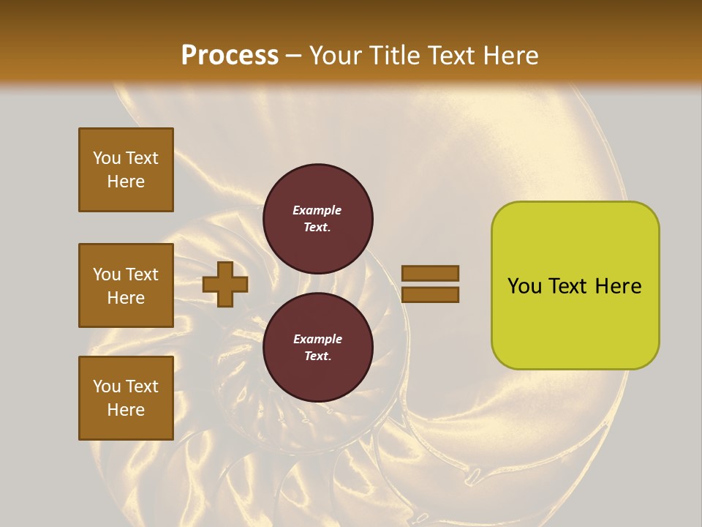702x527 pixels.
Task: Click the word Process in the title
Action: [230, 55]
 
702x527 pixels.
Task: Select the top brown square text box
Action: [126, 170]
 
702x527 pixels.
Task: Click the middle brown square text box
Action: [126, 285]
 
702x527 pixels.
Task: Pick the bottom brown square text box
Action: [126, 398]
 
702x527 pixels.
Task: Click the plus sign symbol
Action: [225, 285]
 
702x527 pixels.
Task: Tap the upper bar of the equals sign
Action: [431, 273]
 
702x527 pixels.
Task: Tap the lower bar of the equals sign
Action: [431, 295]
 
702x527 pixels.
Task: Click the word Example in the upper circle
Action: [317, 210]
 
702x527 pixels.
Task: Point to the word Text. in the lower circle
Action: [317, 356]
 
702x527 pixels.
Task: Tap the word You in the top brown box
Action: [107, 158]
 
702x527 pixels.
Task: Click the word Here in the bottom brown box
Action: [126, 410]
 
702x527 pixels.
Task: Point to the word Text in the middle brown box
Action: [142, 274]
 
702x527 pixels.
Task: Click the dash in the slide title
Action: [294, 56]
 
